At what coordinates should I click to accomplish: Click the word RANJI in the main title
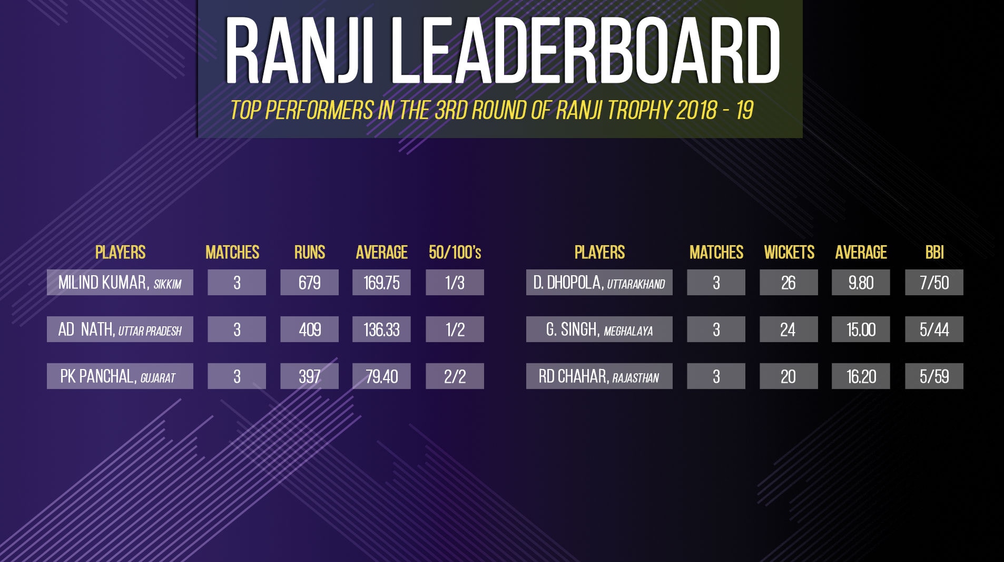[299, 51]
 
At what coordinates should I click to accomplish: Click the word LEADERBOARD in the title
[586, 51]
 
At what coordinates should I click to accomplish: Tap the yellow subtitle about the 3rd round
[492, 110]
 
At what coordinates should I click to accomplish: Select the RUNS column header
[310, 253]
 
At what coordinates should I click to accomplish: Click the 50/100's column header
[455, 253]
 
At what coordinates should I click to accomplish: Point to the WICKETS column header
[789, 253]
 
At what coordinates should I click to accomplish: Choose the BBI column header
[934, 253]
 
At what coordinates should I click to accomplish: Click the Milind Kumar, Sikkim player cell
[120, 283]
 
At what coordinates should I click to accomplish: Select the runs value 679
[310, 283]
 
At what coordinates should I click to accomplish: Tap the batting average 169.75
[381, 283]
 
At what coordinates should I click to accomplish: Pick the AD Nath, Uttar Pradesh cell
[120, 330]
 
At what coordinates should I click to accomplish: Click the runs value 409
[310, 330]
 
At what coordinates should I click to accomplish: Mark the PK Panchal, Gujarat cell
[120, 376]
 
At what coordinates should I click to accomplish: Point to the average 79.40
[381, 376]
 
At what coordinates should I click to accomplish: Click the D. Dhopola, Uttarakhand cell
[599, 283]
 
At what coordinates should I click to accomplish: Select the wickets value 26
[789, 283]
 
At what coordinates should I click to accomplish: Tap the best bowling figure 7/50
[934, 283]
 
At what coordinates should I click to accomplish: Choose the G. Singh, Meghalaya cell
[599, 330]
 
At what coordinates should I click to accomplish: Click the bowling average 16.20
[861, 376]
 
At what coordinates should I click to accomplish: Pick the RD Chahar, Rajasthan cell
[599, 376]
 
